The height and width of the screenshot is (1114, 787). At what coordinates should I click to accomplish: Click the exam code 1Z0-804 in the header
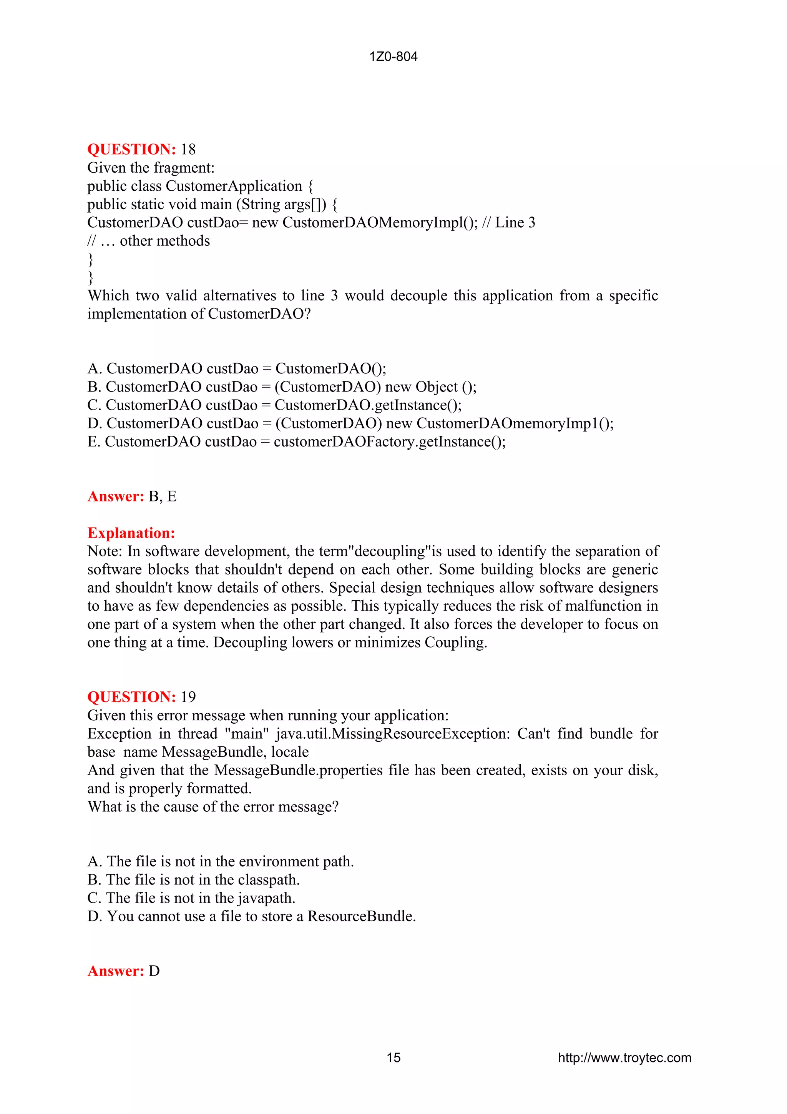pos(393,57)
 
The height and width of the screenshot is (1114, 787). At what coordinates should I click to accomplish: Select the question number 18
pos(188,150)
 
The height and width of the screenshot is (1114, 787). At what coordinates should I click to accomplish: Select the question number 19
pos(188,697)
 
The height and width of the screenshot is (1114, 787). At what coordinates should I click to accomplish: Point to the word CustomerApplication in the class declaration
pos(234,186)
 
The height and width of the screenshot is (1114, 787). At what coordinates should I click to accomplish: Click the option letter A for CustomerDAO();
pos(94,369)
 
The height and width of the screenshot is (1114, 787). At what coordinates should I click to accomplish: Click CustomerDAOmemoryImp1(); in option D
pos(515,424)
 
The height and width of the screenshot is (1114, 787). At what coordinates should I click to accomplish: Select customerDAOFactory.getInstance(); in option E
pos(389,442)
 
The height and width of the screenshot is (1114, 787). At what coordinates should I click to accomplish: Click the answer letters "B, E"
pos(163,496)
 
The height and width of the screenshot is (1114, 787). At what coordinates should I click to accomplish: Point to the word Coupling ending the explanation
pos(455,643)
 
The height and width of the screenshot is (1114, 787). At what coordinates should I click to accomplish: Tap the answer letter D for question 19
pos(154,971)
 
